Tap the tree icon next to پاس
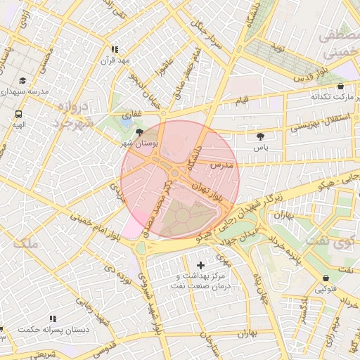[262, 136]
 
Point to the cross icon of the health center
[202, 265]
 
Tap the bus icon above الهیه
[18, 113]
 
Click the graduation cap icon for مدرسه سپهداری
[22, 80]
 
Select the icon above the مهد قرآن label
[115, 49]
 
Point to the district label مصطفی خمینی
[340, 44]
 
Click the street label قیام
[241, 103]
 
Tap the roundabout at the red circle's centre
[174, 173]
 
